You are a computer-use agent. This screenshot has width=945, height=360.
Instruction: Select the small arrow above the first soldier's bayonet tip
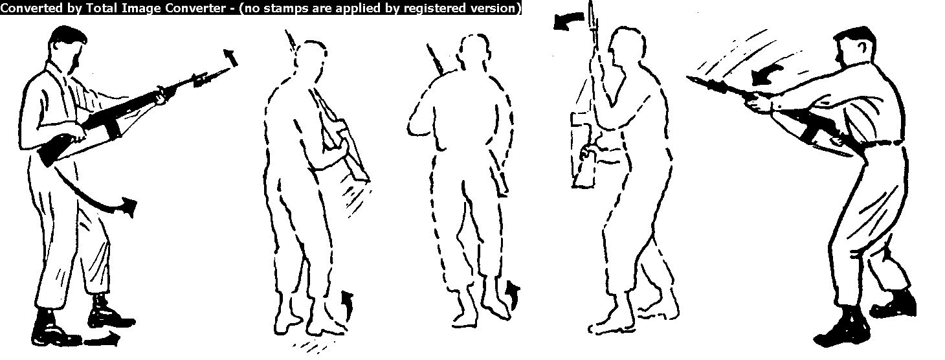pos(230,58)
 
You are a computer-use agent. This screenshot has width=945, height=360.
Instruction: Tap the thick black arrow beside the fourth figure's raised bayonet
pos(568,21)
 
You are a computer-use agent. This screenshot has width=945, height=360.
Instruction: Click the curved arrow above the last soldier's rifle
pos(766,75)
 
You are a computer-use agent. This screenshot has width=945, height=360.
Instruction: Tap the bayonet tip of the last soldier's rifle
pos(689,78)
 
